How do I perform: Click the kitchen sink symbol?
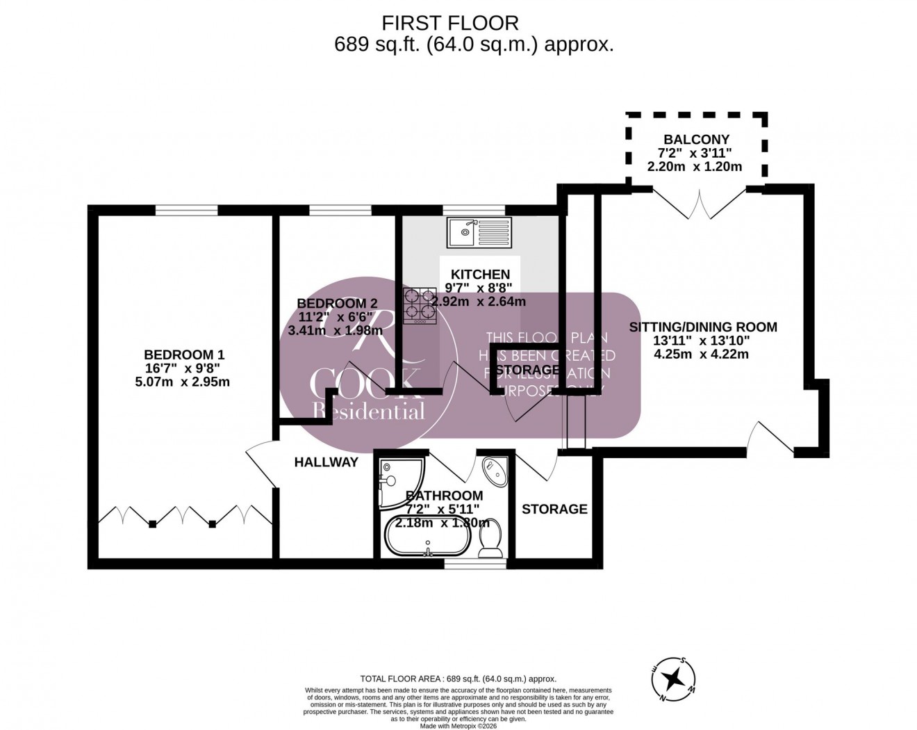(x=479, y=232)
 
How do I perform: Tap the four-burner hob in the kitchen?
(x=420, y=306)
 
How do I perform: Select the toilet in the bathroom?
(x=491, y=538)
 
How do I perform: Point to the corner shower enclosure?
(x=393, y=480)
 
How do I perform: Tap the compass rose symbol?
(x=673, y=679)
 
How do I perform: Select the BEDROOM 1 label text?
(x=184, y=355)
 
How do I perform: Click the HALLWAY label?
(x=326, y=462)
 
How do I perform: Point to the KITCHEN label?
(x=480, y=275)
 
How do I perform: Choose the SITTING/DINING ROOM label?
(x=703, y=327)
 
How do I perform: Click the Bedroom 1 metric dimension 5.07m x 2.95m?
(x=182, y=382)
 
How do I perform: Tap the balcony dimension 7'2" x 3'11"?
(x=695, y=153)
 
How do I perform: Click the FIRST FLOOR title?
(x=450, y=23)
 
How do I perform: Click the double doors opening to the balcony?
(x=700, y=202)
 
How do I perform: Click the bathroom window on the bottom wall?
(x=475, y=564)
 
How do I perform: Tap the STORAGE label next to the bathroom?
(x=554, y=509)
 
